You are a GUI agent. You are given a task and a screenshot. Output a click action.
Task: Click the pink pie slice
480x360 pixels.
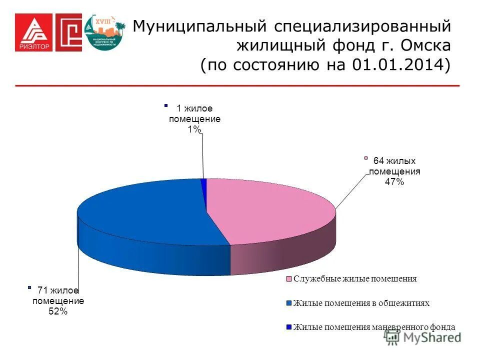270,210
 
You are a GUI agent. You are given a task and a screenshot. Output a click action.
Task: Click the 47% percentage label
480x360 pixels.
394,182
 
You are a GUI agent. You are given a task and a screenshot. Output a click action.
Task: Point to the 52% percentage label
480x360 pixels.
57,311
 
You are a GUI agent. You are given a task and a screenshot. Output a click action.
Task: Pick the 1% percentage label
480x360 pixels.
194,129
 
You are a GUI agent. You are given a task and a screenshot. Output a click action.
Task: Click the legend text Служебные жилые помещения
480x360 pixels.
355,279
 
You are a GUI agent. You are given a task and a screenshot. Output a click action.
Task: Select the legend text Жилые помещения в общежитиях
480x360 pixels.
361,303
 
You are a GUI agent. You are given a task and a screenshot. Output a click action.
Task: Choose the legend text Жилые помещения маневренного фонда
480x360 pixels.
374,327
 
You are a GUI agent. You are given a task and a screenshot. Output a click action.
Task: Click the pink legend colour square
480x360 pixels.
289,279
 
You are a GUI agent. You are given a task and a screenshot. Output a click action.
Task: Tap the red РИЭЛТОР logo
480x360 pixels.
32,32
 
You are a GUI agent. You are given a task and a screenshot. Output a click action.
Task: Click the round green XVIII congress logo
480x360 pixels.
105,32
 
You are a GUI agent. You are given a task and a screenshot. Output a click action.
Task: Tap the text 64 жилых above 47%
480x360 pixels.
394,161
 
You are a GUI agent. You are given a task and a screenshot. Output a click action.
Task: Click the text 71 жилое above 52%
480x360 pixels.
58,290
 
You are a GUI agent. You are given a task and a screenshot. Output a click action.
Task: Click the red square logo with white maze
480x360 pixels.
68,32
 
